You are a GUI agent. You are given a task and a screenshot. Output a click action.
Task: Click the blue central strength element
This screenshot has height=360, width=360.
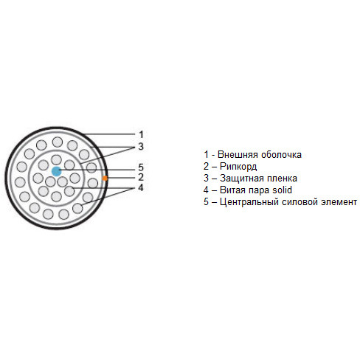pos(57,171)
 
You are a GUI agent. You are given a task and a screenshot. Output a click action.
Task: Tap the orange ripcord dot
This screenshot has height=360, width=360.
pos(105,178)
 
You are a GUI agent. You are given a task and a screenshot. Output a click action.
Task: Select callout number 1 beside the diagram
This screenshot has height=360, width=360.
pos(141,134)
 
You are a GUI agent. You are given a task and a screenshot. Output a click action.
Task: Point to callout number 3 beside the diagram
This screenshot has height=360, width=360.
pos(141,146)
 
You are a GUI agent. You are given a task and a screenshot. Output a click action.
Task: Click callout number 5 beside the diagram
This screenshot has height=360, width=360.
pos(141,167)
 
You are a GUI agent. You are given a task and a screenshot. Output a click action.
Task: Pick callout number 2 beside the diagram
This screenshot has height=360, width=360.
pos(141,177)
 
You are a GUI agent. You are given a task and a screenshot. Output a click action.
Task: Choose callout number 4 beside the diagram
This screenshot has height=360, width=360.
pos(141,187)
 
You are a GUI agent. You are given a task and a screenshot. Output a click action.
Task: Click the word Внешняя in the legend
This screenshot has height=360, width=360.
pos(238,155)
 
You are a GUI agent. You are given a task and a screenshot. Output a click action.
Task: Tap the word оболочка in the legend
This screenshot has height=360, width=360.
pos(281,155)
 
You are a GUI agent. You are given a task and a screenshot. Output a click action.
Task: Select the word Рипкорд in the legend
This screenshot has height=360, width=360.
pos(238,167)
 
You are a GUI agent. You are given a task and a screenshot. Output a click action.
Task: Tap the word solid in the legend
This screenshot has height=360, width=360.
pos(282,190)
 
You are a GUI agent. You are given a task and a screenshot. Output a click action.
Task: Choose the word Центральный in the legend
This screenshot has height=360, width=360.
pos(249,202)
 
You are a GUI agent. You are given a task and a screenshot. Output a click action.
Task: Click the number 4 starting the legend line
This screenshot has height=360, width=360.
pos(206,190)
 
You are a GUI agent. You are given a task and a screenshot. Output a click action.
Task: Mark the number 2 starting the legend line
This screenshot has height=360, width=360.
pos(206,167)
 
